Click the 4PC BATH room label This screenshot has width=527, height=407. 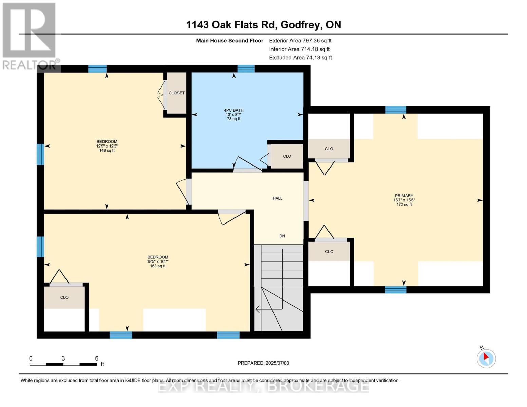pos(233,110)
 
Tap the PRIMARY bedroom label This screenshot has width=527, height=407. pos(404,196)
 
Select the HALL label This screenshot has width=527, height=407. pos(277,198)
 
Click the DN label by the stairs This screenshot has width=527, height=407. pos(282,236)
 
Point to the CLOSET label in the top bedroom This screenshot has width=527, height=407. pos(176,93)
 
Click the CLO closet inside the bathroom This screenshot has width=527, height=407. pos(287,156)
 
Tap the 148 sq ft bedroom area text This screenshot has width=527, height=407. pos(107,150)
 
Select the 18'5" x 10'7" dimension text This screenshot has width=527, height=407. pos(158,261)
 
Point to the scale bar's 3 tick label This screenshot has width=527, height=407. pos(63,358)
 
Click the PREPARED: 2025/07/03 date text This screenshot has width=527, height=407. pos(263,363)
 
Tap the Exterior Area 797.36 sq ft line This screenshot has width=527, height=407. pos(300,40)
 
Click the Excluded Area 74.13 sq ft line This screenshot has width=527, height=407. pos(300,58)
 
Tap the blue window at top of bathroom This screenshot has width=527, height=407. pos(246,69)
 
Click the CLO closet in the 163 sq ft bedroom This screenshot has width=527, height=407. pos(64,297)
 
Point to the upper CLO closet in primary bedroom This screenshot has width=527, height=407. pos(329,149)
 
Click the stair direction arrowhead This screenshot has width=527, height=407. pos(258,309)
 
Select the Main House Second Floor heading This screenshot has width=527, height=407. pos(230,41)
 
